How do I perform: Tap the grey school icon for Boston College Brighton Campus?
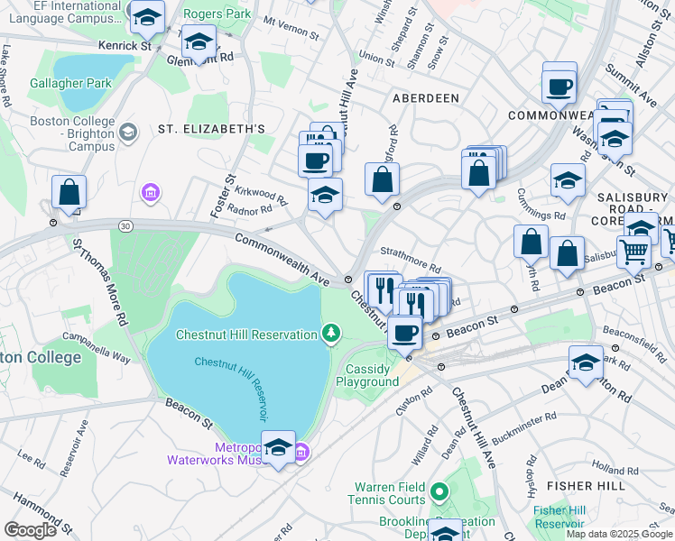127,133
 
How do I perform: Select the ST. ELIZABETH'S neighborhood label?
211,129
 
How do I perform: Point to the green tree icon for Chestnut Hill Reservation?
332,335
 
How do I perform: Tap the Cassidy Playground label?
367,375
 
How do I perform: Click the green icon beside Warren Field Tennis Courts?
439,492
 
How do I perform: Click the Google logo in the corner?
30,530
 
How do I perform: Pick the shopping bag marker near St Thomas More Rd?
69,193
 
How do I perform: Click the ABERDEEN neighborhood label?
425,97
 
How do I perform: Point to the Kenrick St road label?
125,45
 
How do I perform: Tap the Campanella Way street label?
97,348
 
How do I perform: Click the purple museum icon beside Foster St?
150,192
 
